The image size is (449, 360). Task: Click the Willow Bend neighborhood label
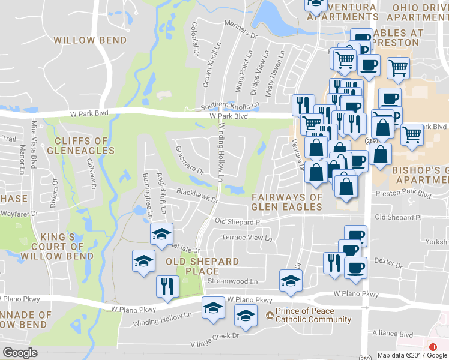90,40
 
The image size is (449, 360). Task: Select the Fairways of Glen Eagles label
286,202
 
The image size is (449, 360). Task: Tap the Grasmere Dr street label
188,159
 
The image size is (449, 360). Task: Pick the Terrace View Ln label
247,238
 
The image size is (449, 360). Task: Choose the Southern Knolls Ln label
230,105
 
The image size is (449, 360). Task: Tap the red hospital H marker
433,347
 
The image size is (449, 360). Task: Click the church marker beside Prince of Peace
270,315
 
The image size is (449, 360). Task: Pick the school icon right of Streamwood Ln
291,280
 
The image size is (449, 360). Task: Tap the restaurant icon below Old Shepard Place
166,286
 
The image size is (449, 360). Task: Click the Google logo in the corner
20,352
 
